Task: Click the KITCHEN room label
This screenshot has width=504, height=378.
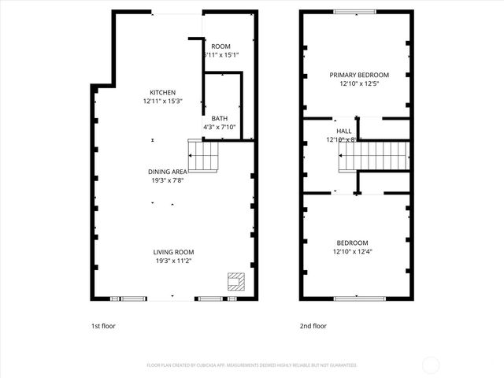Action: (164, 92)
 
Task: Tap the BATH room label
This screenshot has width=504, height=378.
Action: (220, 118)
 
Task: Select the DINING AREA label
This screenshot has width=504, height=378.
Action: (168, 172)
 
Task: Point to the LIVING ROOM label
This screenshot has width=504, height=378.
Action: (173, 252)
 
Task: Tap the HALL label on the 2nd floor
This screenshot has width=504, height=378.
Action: (344, 131)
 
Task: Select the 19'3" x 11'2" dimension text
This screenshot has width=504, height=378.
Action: (173, 261)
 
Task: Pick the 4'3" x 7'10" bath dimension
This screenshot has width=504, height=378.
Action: (220, 127)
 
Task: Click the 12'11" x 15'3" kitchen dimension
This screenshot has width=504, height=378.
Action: (164, 101)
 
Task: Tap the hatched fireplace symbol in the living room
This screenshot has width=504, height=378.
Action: (235, 282)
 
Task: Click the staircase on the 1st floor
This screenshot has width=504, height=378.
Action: (203, 155)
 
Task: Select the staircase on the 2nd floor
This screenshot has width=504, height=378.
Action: (375, 155)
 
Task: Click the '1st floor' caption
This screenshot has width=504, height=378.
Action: (102, 325)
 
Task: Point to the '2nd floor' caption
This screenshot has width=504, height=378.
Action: (313, 325)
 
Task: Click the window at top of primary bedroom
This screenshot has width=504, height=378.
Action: (355, 11)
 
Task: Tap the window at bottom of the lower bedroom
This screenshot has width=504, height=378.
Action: (355, 298)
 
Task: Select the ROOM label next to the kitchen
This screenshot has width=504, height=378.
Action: (220, 46)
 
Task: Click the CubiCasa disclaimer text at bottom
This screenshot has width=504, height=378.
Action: (252, 365)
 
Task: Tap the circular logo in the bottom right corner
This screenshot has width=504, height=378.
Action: (431, 365)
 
